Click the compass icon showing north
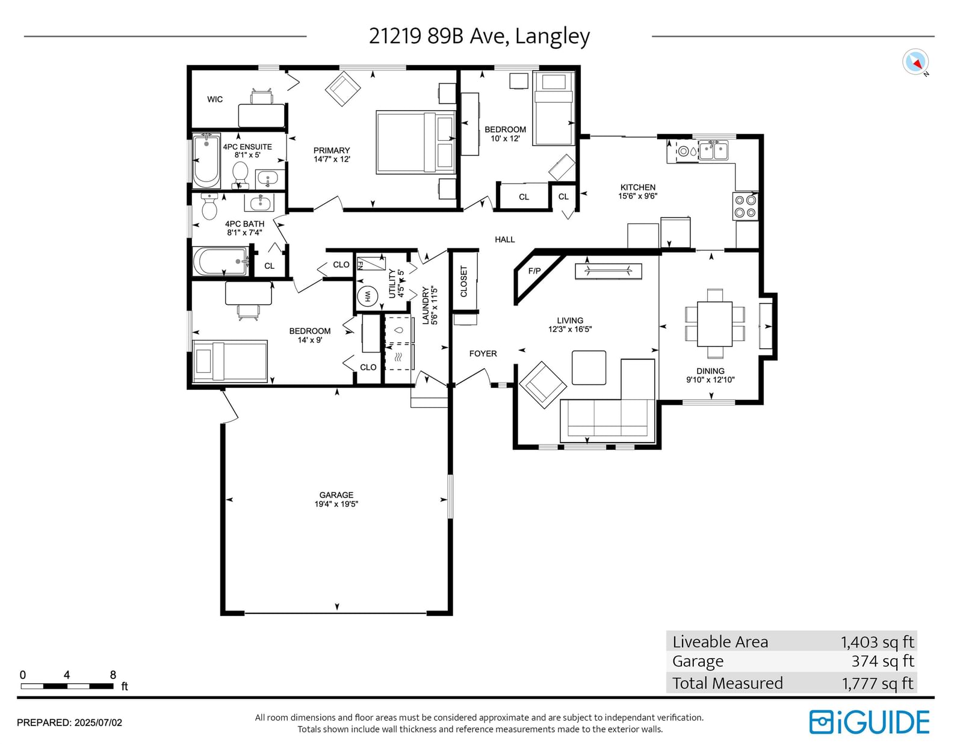tap(915, 62)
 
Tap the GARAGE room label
tap(336, 494)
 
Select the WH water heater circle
tap(367, 296)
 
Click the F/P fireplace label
tap(534, 271)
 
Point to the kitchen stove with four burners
tap(745, 206)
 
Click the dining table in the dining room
tap(715, 324)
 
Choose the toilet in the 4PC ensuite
tap(240, 174)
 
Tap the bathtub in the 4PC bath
tap(220, 261)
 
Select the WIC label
tap(215, 99)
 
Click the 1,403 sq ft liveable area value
tap(877, 642)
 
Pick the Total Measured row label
tap(728, 683)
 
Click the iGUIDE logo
tap(869, 722)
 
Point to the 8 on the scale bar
tap(113, 674)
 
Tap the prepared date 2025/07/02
tap(98, 723)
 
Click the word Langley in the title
tap(552, 36)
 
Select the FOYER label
tap(483, 354)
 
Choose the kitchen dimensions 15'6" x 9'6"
tap(638, 195)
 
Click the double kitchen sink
tap(713, 150)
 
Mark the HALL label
tap(505, 239)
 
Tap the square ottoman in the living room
tap(589, 367)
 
